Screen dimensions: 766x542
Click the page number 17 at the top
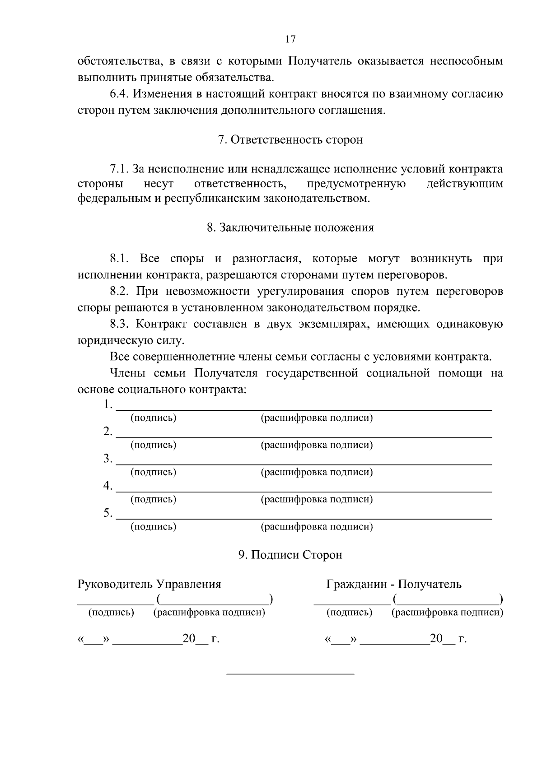tap(290, 39)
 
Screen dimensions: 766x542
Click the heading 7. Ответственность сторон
tap(290, 140)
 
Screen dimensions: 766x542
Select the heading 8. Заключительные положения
tap(290, 227)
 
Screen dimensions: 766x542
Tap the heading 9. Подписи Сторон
tap(290, 555)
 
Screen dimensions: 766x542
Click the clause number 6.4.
tap(120, 94)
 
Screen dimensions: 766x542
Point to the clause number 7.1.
tap(120, 169)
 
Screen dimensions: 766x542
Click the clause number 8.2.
tap(120, 291)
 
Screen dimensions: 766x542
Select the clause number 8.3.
tap(120, 324)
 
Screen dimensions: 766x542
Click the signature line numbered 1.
tap(304, 409)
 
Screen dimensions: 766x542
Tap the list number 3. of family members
tap(107, 459)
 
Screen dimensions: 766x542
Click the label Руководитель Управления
tap(150, 584)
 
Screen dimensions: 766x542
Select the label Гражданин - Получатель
tap(394, 584)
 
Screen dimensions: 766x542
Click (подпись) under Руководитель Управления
tap(111, 613)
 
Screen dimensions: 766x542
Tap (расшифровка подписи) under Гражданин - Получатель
tap(447, 613)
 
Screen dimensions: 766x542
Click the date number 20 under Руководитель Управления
tap(188, 638)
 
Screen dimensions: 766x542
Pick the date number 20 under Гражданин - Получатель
tap(436, 638)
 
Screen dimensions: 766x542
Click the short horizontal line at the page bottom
tap(290, 674)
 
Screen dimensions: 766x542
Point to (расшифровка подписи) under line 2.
tap(317, 445)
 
